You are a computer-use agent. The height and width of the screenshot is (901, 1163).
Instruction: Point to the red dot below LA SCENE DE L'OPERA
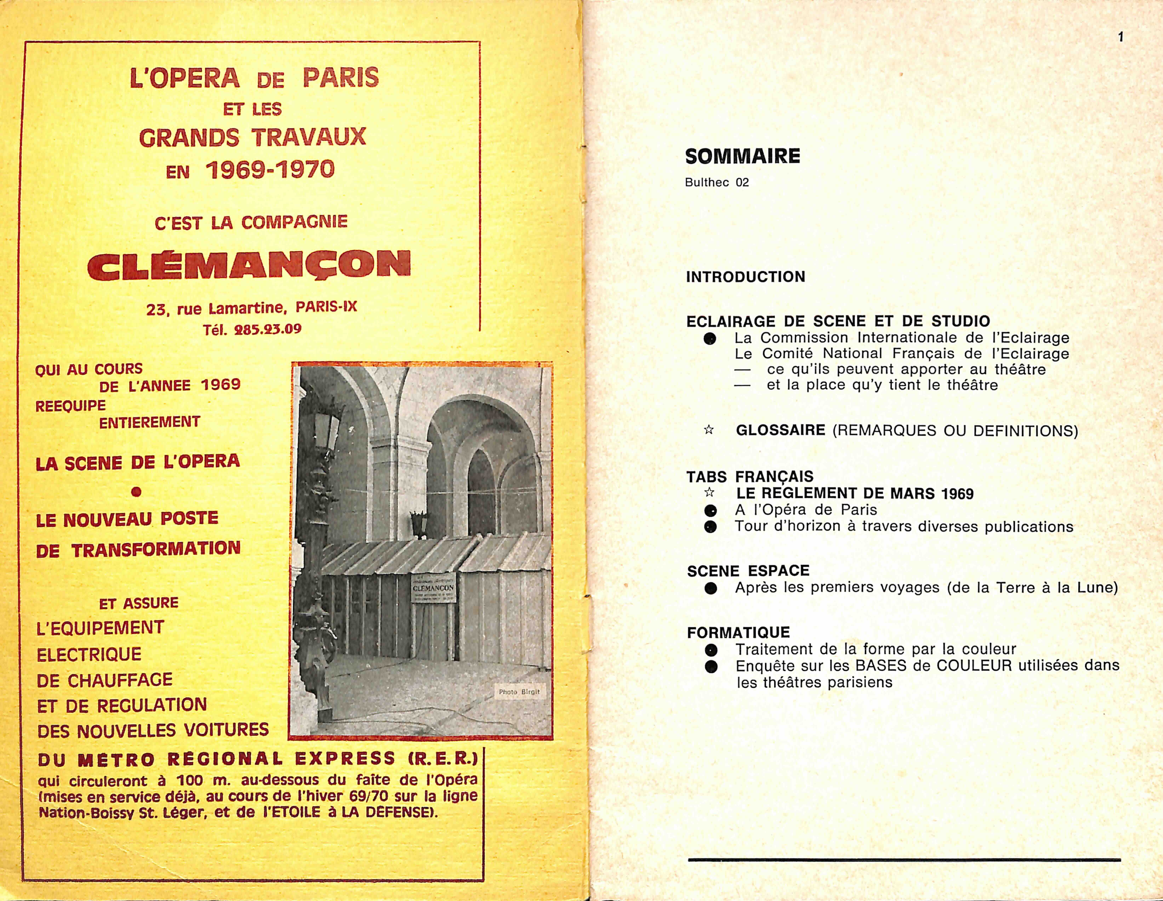(136, 492)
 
